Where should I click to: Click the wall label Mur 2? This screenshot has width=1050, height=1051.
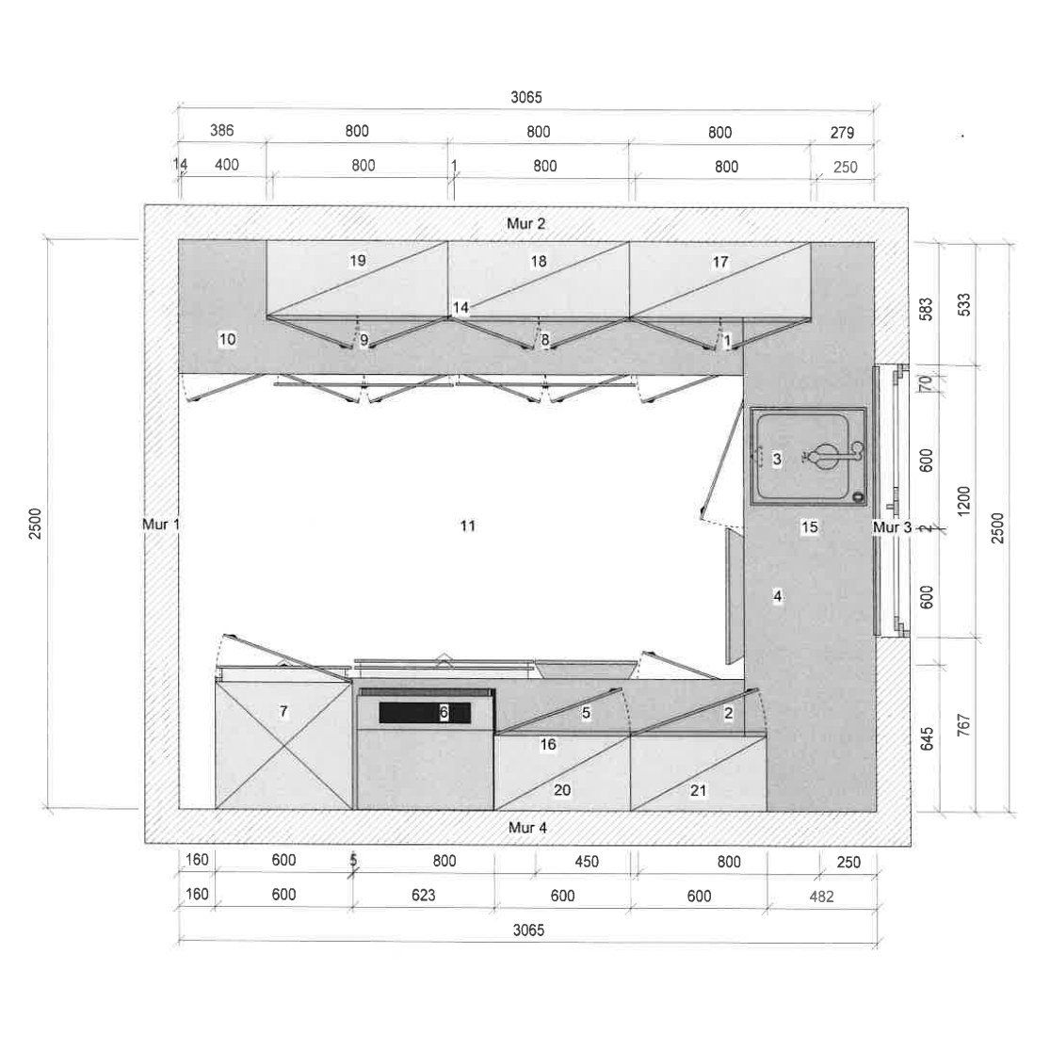(x=526, y=223)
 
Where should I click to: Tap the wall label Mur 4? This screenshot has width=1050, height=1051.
(x=527, y=828)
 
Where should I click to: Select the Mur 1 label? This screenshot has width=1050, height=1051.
(x=161, y=525)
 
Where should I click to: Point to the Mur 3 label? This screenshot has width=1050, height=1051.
(x=892, y=527)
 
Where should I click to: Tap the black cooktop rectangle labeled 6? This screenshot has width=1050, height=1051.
(x=425, y=712)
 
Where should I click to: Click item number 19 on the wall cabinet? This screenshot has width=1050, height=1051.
(x=358, y=260)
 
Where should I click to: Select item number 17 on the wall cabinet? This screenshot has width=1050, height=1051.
(x=720, y=262)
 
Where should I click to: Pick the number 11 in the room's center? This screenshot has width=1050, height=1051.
(x=468, y=525)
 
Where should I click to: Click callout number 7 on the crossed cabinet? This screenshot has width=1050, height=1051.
(x=283, y=711)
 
